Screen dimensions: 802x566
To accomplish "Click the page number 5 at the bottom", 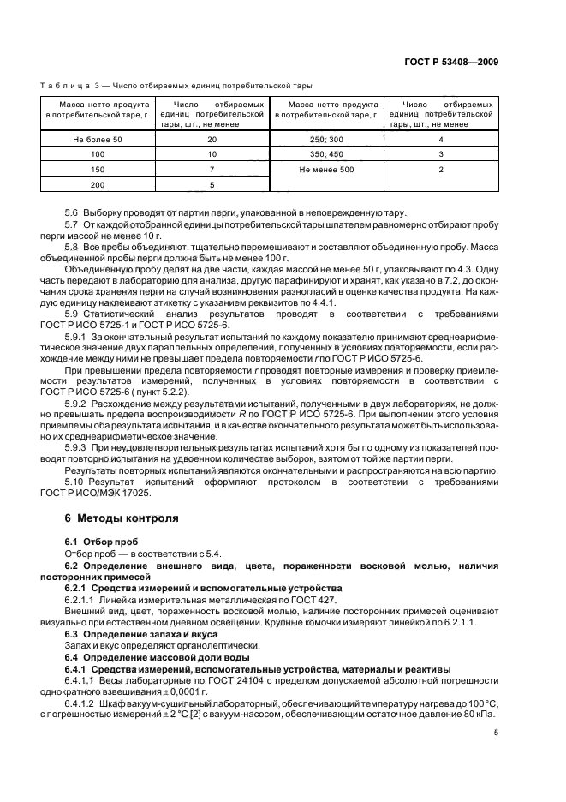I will [496, 733].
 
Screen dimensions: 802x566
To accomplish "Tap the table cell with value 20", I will [212, 139].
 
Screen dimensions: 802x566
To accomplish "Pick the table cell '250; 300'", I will [326, 139].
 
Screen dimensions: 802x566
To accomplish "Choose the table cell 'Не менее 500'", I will [326, 170].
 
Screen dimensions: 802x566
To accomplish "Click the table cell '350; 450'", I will [326, 154].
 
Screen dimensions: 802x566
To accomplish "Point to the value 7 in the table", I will [212, 170].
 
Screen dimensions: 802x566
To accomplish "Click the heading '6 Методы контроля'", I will [122, 518].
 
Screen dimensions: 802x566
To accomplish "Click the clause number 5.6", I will [73, 212].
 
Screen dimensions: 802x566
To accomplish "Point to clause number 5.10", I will [75, 482].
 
